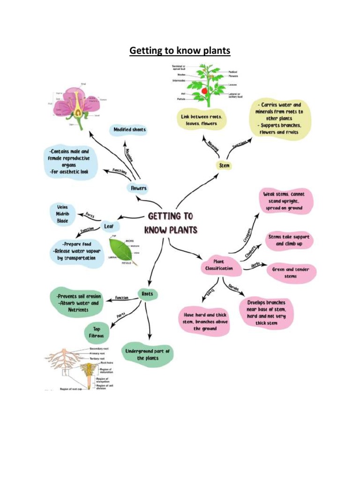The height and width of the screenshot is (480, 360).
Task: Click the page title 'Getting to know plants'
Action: tap(180, 50)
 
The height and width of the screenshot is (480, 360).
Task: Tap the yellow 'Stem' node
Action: tap(225, 165)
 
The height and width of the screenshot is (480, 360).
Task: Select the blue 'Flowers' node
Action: tap(138, 188)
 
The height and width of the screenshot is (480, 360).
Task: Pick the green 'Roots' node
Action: tap(147, 294)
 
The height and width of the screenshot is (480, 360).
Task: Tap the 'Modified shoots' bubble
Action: tap(129, 129)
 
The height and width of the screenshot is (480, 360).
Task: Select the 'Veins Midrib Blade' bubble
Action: tap(62, 214)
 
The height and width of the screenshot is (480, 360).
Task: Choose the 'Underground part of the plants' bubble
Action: tap(147, 354)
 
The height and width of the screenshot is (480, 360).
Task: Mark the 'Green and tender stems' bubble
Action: tap(291, 273)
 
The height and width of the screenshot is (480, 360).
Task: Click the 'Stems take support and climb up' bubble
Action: tap(289, 240)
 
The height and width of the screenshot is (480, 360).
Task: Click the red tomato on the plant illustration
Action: tap(204, 90)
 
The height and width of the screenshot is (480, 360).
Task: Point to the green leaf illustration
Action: tap(121, 251)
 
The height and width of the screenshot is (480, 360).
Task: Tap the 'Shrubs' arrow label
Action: tap(233, 287)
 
